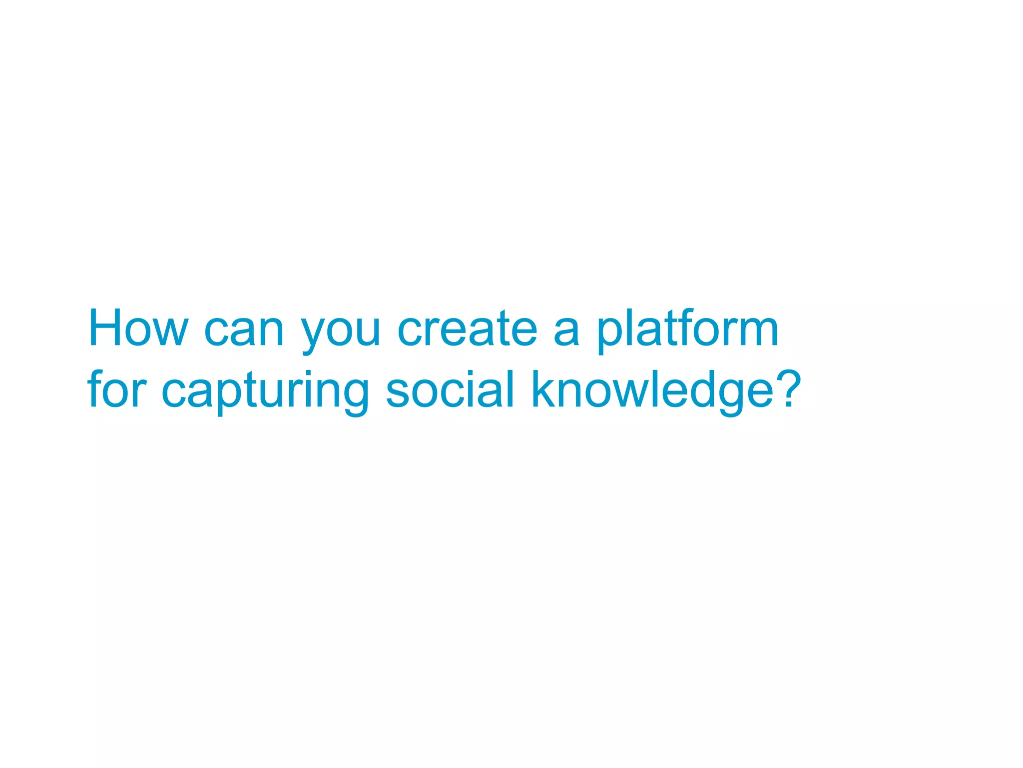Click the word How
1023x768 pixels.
138,328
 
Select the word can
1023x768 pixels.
244,331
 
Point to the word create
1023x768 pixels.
467,329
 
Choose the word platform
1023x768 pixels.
688,330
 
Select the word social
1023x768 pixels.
450,389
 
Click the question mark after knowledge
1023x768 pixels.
790,387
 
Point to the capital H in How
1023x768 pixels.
105,327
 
